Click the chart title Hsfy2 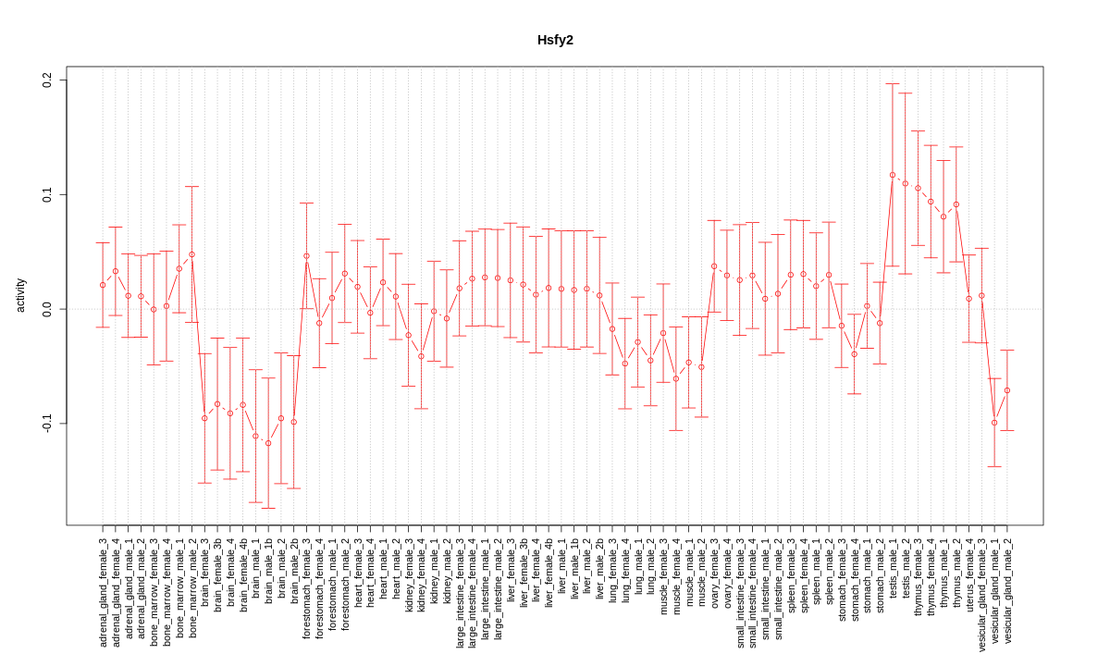[555, 40]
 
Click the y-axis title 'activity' [20, 295]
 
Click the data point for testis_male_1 [893, 175]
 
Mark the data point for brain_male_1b [268, 443]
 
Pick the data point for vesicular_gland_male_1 [994, 423]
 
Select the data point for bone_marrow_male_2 [191, 254]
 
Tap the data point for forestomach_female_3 [306, 255]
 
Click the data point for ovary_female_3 [714, 266]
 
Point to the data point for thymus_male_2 [956, 204]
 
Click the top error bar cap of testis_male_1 [893, 84]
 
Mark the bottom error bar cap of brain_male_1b [268, 508]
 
